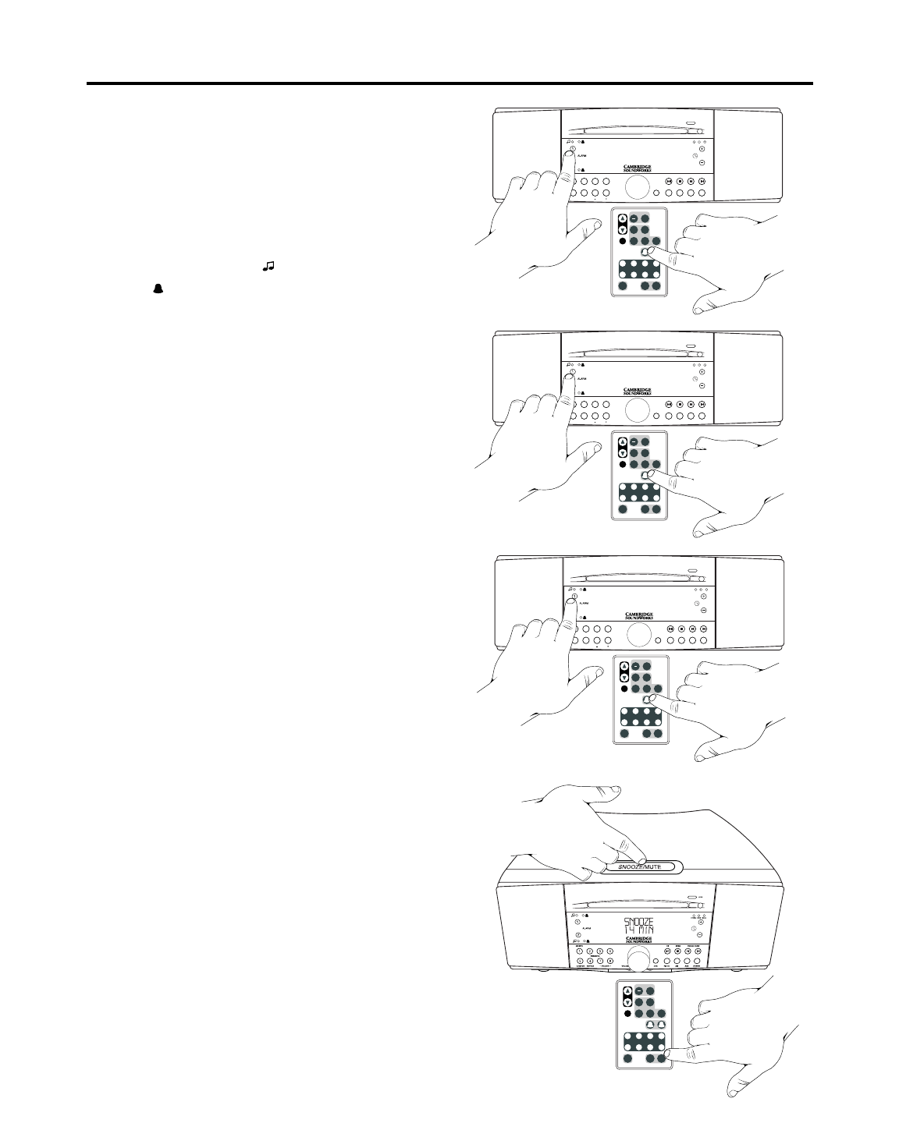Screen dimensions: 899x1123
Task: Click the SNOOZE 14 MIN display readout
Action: point(638,926)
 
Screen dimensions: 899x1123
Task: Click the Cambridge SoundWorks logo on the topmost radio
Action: point(638,168)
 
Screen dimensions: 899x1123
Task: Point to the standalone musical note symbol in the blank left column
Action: point(268,267)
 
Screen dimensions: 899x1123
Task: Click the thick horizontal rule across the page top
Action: point(449,83)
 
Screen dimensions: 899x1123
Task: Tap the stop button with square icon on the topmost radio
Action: point(680,182)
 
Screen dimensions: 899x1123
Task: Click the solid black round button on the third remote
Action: point(623,689)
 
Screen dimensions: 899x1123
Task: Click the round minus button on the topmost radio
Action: point(702,163)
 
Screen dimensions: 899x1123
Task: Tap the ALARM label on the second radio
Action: point(582,379)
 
